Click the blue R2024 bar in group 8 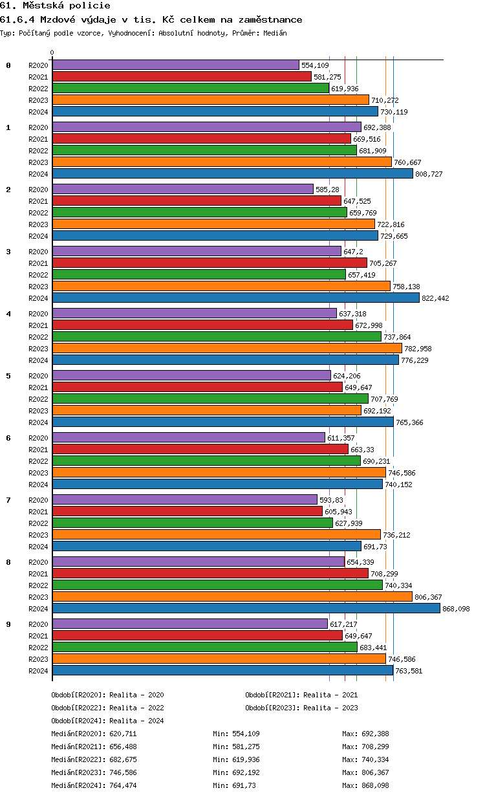click(x=246, y=608)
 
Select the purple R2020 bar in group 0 click(x=175, y=65)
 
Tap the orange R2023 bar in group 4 click(x=227, y=348)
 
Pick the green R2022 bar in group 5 click(x=210, y=398)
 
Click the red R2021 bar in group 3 click(x=210, y=263)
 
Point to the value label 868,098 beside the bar click(x=456, y=609)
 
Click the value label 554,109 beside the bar click(x=315, y=65)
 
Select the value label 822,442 click(x=435, y=298)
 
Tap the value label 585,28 click(x=327, y=190)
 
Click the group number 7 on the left click(x=8, y=500)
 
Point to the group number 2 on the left click(x=8, y=190)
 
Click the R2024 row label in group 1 click(x=39, y=174)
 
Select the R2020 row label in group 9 click(x=39, y=624)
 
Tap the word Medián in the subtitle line click(x=275, y=33)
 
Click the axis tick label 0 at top click(x=52, y=53)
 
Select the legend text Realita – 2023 click(x=330, y=708)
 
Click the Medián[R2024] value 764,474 click(x=123, y=785)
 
